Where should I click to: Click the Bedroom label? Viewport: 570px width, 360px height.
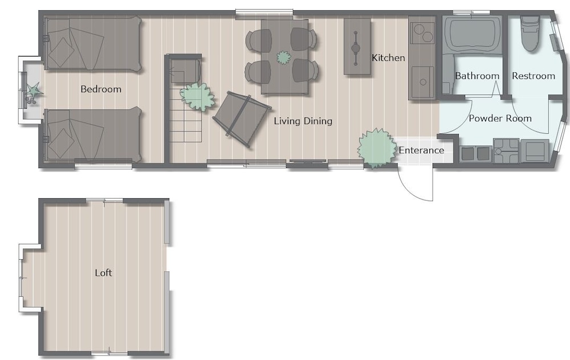(101, 89)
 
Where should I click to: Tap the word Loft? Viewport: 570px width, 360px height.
(103, 273)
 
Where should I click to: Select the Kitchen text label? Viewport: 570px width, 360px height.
(388, 58)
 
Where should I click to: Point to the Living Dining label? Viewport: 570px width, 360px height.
(303, 121)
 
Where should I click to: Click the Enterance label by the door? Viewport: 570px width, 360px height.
(421, 150)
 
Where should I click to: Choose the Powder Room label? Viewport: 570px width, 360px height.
(500, 118)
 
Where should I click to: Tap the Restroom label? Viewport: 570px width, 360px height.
(534, 76)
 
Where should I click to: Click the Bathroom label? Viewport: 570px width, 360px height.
(477, 76)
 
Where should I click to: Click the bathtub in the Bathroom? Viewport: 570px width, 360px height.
(472, 35)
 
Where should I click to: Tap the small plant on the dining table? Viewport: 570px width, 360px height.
(283, 58)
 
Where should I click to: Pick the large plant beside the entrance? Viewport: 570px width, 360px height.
(377, 148)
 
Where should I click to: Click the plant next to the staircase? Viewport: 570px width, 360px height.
(197, 96)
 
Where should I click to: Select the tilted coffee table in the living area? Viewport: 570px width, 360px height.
(242, 120)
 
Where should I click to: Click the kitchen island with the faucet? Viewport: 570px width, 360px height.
(357, 47)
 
